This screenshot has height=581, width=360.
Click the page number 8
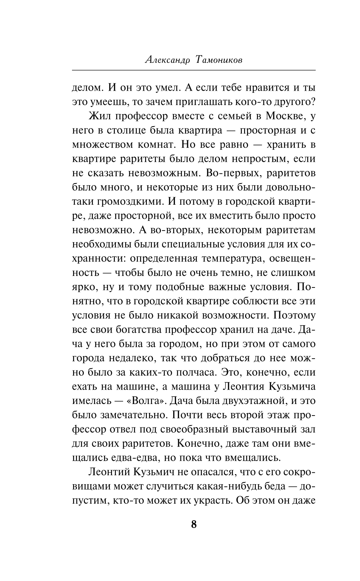point(194,524)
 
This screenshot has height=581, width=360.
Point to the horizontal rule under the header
point(194,70)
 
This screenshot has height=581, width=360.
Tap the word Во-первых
point(231,173)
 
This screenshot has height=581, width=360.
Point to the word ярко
point(81,287)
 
